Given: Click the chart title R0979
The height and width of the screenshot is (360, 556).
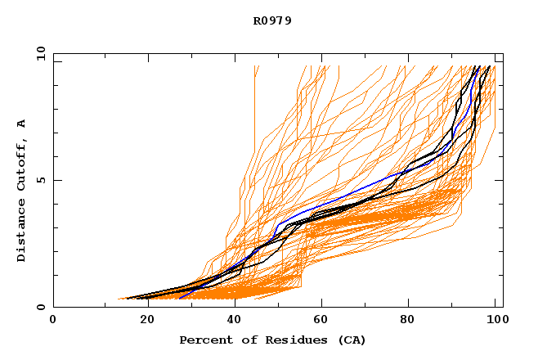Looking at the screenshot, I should [x=272, y=21].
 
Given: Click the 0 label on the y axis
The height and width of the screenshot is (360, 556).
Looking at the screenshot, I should [x=40, y=307].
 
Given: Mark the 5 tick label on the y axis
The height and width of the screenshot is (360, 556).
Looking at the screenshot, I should [x=40, y=180].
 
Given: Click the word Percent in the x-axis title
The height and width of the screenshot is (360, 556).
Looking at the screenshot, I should [x=201, y=340].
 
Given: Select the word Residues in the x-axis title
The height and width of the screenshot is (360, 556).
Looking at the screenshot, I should [x=290, y=340].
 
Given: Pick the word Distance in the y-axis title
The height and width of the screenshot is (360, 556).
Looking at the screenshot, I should [x=21, y=234].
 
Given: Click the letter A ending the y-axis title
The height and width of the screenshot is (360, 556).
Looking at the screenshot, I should [x=21, y=123].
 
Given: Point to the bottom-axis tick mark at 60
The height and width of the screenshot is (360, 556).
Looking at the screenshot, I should [x=321, y=304].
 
